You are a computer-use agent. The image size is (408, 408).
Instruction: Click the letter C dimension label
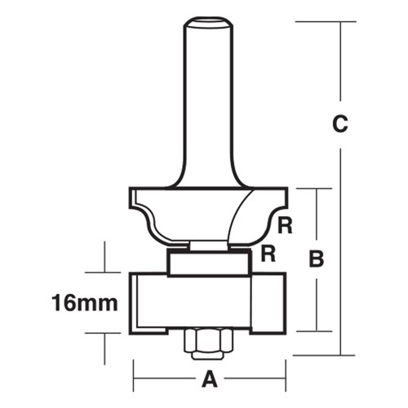pos(340,124)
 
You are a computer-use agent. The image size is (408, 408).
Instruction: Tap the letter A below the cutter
pos(210,379)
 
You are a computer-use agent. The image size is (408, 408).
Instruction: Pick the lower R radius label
pos(265,254)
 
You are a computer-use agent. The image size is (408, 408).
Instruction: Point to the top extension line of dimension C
pos(318,21)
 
